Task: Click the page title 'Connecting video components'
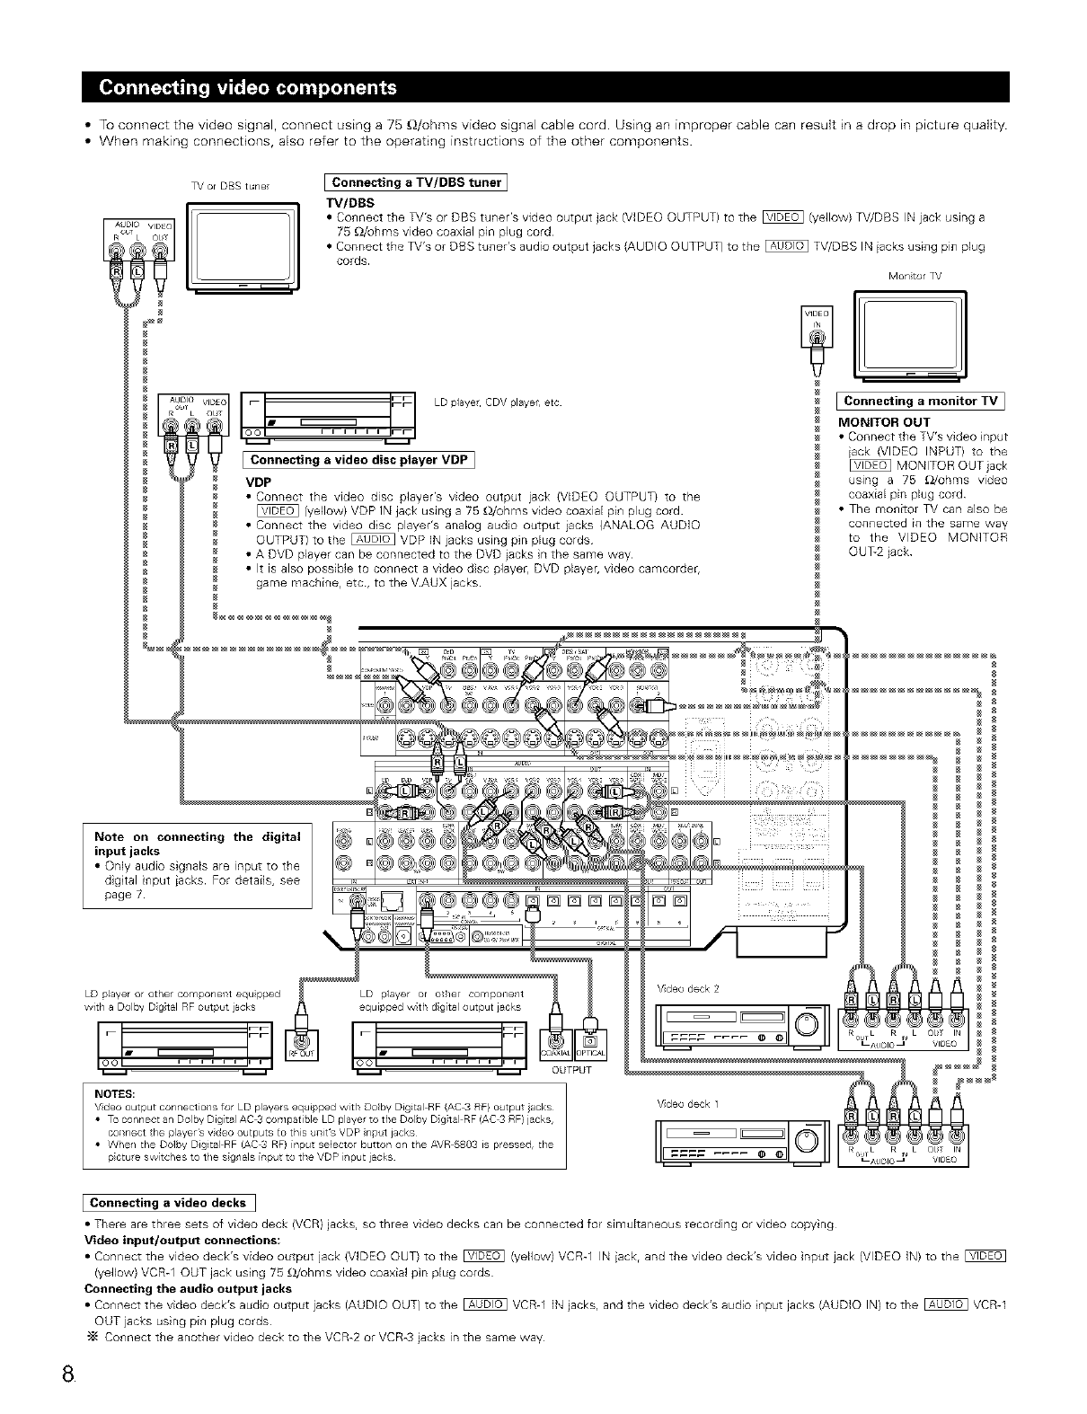click(248, 87)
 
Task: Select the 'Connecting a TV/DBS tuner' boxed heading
click(416, 182)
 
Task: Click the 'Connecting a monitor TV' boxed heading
click(921, 401)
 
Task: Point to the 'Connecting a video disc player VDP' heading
click(359, 461)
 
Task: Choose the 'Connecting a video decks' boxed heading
click(168, 1203)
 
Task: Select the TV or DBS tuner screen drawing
click(242, 245)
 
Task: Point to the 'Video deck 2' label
click(689, 988)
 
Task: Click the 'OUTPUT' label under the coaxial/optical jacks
click(571, 1070)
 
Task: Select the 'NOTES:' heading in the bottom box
click(114, 1093)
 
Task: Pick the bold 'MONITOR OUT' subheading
click(884, 421)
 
